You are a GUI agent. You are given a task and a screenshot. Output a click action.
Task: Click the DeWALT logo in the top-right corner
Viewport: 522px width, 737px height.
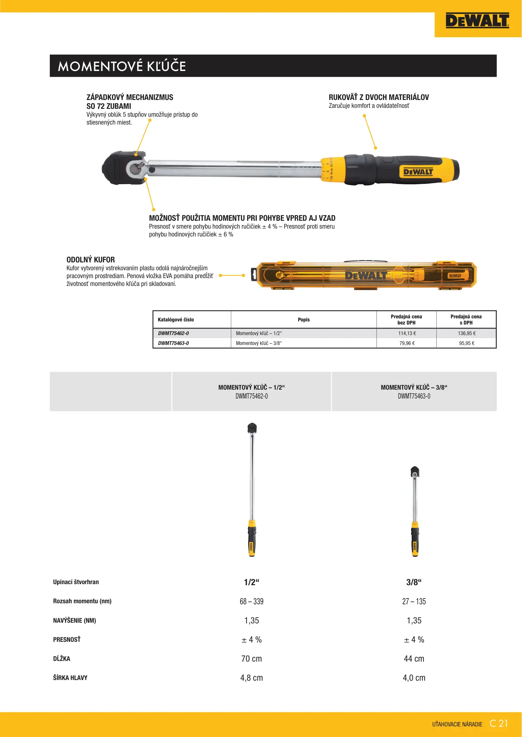click(x=477, y=21)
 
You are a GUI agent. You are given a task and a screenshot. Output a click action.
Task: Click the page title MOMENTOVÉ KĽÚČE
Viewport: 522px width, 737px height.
click(x=122, y=66)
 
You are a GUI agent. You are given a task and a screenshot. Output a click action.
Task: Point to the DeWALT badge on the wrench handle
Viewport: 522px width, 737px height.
click(x=418, y=172)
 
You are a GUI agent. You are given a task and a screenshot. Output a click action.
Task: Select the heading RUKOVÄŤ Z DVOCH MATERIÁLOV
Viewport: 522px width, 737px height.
click(x=379, y=97)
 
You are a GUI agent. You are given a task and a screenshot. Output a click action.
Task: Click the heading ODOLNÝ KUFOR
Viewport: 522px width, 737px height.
click(x=90, y=260)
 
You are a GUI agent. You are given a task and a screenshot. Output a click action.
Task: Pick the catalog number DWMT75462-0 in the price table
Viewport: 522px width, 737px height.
click(x=173, y=333)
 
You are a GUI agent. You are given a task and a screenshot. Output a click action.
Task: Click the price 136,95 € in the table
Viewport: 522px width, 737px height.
click(x=466, y=333)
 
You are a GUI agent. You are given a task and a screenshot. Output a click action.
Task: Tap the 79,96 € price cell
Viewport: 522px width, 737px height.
click(x=407, y=343)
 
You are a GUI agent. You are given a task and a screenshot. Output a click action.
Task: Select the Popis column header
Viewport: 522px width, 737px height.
click(x=304, y=320)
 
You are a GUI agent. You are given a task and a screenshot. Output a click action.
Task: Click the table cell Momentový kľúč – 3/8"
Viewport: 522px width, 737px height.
click(x=259, y=343)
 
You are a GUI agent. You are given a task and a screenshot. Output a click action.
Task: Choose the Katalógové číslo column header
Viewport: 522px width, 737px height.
click(x=176, y=320)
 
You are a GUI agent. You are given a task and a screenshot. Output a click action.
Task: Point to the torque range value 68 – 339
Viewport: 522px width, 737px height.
click(x=252, y=602)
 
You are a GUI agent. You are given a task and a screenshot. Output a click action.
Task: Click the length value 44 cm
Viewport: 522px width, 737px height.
click(x=414, y=659)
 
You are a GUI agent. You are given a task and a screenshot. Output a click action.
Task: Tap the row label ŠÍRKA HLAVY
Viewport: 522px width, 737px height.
click(x=70, y=678)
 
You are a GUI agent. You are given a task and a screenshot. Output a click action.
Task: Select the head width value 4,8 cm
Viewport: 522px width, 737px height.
click(x=252, y=678)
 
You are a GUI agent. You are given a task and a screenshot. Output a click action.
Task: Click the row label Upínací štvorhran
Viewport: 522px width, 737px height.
click(x=76, y=582)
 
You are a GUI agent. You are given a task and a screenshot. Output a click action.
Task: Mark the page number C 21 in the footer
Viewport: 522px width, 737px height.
click(x=498, y=723)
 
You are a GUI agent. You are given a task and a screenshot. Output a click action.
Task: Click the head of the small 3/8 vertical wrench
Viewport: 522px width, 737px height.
click(x=415, y=472)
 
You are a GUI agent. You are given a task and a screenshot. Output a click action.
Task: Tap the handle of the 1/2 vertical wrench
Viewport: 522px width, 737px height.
click(x=252, y=541)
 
